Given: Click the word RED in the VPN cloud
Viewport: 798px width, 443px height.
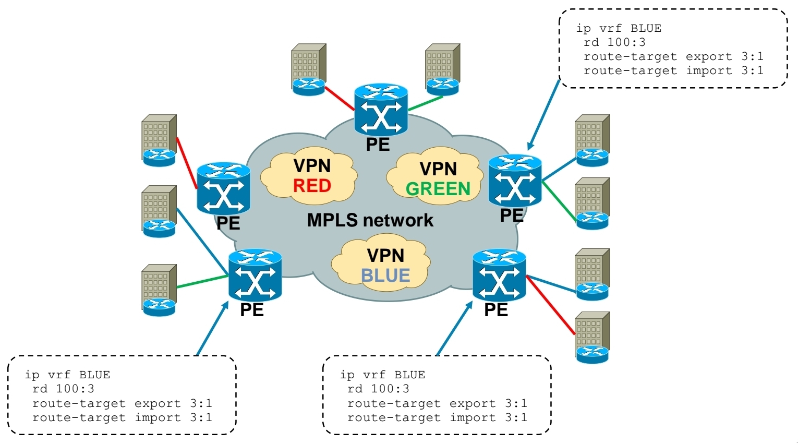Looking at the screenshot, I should tap(312, 186).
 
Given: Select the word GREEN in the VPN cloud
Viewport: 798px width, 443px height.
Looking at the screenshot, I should tap(438, 189).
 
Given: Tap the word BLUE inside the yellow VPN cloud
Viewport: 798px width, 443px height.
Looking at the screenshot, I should tap(385, 276).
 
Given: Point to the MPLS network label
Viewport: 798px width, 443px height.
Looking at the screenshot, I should tap(370, 220).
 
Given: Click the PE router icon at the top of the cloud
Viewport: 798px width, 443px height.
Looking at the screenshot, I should tap(381, 110).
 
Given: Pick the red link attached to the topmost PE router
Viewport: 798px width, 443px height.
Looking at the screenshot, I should tap(340, 99).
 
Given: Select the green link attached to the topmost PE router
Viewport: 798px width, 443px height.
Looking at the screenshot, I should tap(425, 103).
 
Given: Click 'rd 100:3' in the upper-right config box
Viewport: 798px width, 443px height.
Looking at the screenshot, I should tap(614, 42).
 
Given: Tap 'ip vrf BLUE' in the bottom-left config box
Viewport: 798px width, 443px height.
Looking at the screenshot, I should tap(67, 375).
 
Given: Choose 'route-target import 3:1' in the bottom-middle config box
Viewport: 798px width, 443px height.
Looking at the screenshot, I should tap(437, 417).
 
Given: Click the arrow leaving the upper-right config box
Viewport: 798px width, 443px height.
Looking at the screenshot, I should tap(544, 115).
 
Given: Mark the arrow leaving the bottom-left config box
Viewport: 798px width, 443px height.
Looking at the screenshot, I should tap(212, 329).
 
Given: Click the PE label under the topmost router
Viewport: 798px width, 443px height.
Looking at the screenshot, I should tap(378, 145).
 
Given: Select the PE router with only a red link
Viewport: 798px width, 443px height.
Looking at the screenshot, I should tap(223, 187).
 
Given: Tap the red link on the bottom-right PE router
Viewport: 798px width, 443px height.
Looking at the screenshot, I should tap(551, 305).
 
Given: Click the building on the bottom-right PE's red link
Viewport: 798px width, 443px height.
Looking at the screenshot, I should tap(592, 337).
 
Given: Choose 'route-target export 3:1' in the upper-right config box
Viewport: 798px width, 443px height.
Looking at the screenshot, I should tap(673, 56).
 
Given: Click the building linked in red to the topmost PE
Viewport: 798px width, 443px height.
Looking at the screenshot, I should tap(308, 68).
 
